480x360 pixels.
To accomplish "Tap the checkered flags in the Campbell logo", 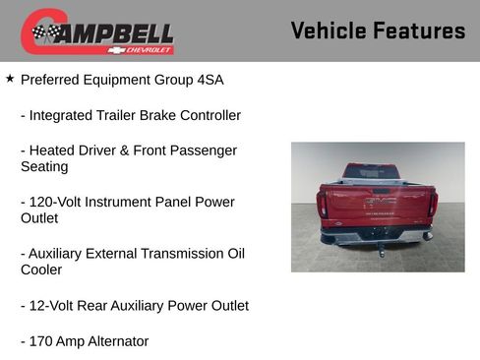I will coord(45,33).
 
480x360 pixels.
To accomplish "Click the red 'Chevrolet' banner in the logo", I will coord(142,49).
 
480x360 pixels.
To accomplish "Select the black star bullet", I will coord(10,78).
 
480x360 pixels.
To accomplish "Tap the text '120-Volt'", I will coord(57,202).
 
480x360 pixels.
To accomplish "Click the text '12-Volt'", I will coord(53,305).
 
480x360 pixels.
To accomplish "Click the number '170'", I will coord(42,341).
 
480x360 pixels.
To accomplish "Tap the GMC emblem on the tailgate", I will coord(379,201).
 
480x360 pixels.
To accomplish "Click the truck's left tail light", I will coord(323,204).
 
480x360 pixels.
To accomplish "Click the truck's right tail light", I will coord(432,204).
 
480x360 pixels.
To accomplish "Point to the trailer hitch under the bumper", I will coord(380,249).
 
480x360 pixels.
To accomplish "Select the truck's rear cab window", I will coord(372,172).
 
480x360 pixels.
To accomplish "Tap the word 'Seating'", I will coord(44,166).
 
